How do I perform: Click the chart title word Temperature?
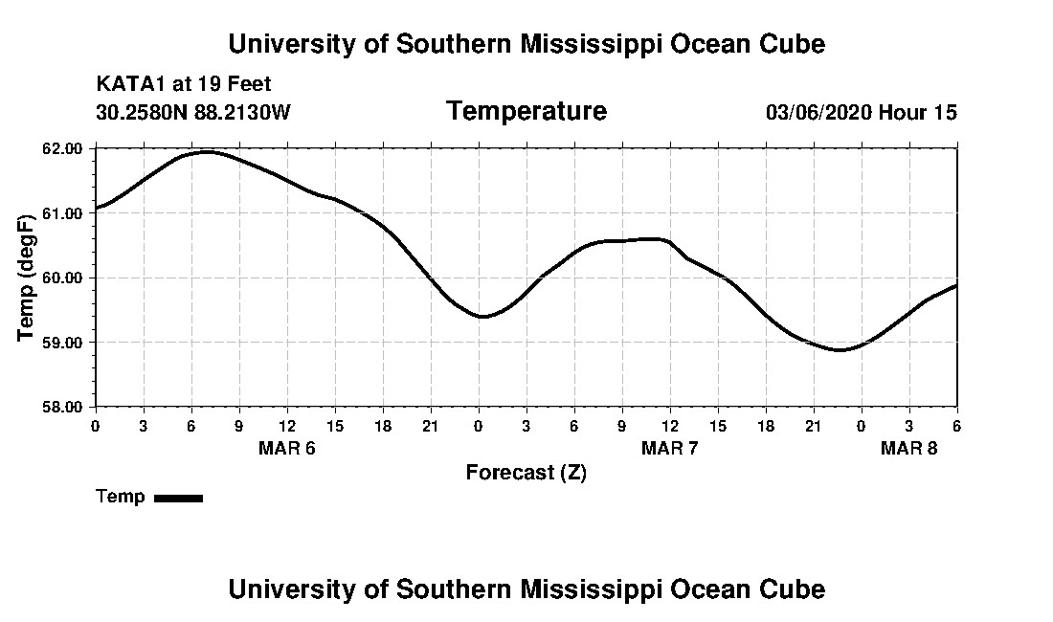(x=526, y=112)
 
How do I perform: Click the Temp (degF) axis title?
(x=27, y=278)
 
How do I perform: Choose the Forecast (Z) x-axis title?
(x=526, y=472)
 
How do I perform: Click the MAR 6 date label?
(x=286, y=448)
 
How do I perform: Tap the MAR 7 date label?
(x=669, y=448)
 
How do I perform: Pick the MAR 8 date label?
(x=908, y=448)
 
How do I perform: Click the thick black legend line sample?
(x=178, y=498)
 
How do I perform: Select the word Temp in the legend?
(x=121, y=497)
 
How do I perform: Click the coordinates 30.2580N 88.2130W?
(x=193, y=112)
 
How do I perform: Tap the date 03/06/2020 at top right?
(x=818, y=112)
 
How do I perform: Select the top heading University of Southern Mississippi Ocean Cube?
(x=526, y=43)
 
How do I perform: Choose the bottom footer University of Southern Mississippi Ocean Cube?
(x=526, y=589)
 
